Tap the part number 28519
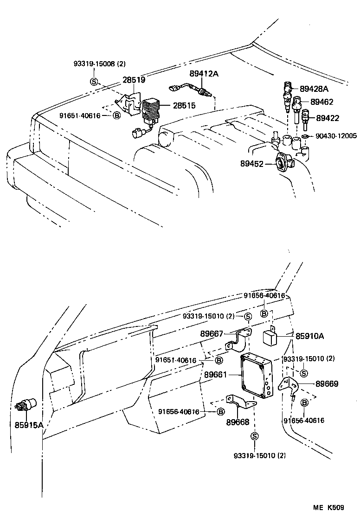pos(134,80)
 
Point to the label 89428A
pos(314,89)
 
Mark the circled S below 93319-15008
pos(94,82)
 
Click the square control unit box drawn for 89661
pos(257,376)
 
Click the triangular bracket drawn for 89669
pos(289,384)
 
